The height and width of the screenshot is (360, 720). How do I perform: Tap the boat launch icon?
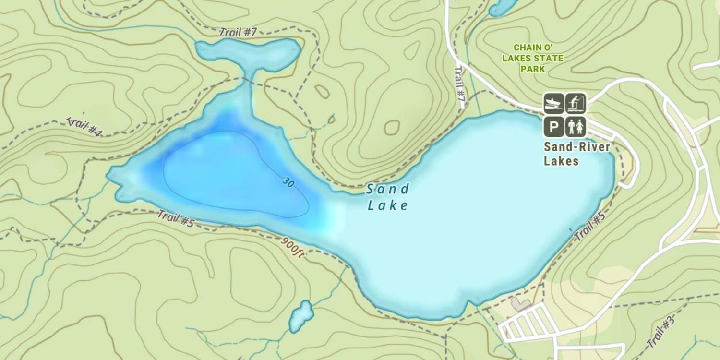553,103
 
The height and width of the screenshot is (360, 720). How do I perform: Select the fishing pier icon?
576,103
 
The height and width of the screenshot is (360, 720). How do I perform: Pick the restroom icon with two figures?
576,127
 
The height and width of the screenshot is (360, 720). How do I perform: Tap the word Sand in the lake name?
387,189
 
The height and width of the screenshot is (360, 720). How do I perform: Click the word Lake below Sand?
387,206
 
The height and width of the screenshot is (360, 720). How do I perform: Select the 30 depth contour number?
288,182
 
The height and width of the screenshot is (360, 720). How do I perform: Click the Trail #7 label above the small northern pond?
238,33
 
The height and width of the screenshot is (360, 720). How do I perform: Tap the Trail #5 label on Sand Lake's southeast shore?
589,228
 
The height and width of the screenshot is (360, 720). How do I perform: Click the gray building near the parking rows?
520,304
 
